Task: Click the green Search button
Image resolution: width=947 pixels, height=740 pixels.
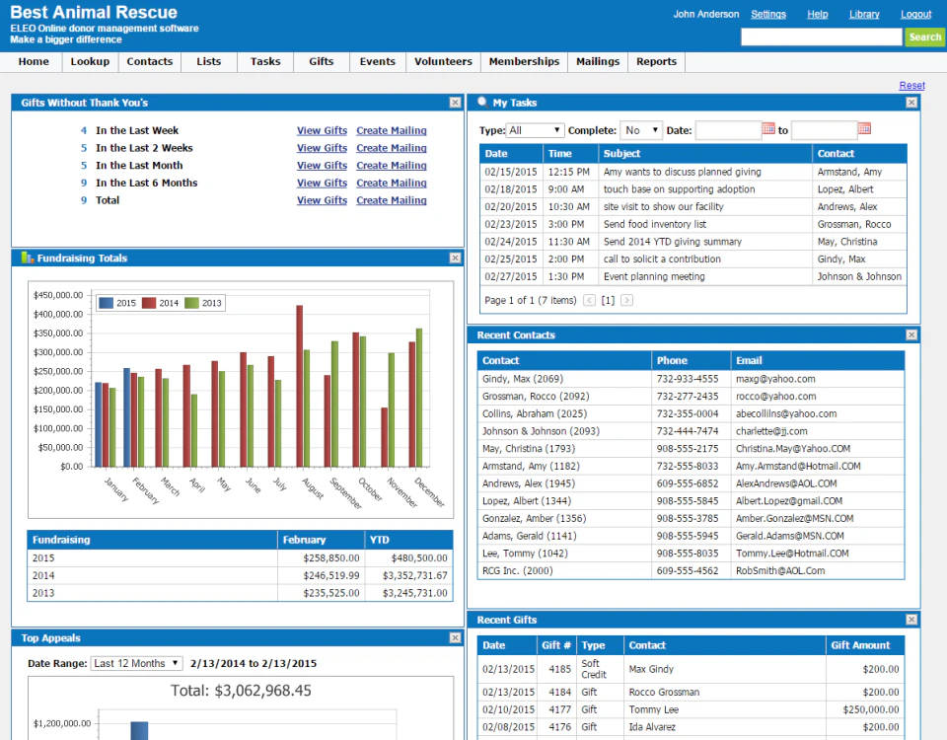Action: [x=924, y=37]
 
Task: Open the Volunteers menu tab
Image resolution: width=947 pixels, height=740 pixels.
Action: [x=443, y=61]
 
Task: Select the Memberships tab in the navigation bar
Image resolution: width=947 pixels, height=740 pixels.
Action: [x=524, y=61]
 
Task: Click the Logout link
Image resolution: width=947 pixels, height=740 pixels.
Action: [x=915, y=15]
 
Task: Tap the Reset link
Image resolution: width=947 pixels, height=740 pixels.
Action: [x=911, y=86]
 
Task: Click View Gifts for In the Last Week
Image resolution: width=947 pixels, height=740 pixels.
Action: [x=322, y=131]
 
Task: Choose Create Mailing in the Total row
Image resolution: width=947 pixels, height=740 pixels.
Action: [x=392, y=200]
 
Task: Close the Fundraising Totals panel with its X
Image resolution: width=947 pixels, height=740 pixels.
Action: [x=455, y=259]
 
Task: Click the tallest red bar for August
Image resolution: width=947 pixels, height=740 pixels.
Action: [x=299, y=385]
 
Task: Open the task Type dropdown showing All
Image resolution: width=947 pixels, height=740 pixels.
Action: [x=535, y=130]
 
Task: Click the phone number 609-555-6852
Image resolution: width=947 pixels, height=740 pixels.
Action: [x=688, y=483]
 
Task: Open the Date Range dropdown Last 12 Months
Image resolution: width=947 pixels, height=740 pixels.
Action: [x=136, y=663]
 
